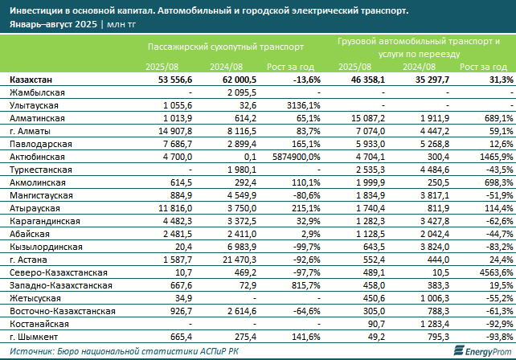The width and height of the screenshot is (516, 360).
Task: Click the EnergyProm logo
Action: pos(475,350)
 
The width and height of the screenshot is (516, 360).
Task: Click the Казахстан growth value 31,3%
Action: pos(498,80)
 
